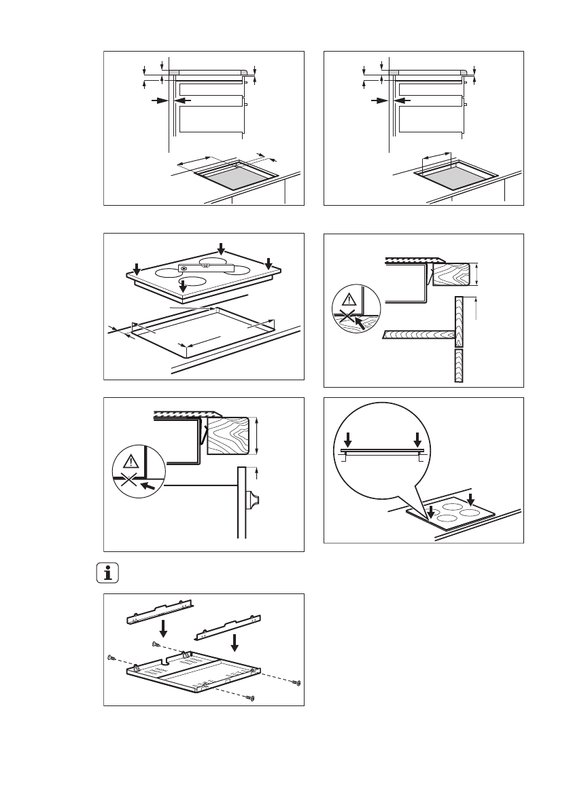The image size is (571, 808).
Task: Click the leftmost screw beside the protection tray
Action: point(111,657)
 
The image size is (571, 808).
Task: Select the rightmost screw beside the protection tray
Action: point(297,682)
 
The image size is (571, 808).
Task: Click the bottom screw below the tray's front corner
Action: point(252,697)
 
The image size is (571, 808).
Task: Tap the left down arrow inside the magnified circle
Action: point(347,438)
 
